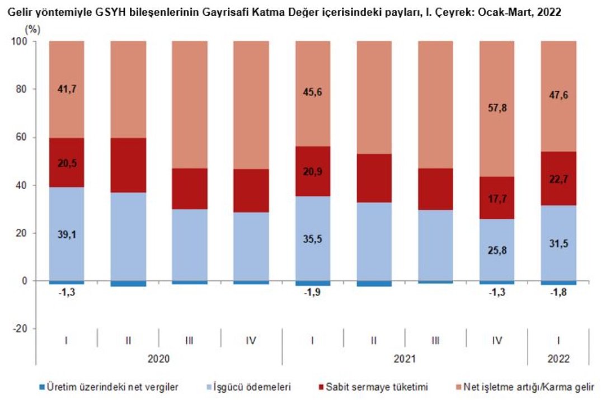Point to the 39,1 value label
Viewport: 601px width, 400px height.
[x=66, y=234]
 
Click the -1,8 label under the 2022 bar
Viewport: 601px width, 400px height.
[x=558, y=293]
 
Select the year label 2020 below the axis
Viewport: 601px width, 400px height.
[x=158, y=358]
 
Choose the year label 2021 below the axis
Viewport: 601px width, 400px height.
[x=404, y=358]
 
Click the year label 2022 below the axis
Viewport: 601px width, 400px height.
[x=558, y=358]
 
